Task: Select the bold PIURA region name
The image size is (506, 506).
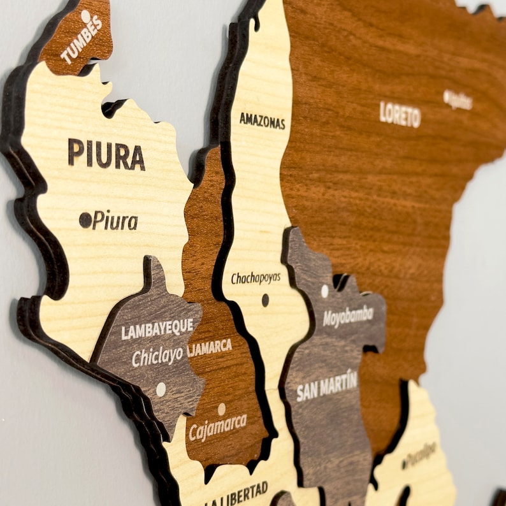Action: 106,154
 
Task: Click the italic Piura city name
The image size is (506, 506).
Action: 115,220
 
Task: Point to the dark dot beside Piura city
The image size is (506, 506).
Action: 85,220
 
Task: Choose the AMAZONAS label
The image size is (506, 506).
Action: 262,120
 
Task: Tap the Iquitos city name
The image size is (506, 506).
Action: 461,100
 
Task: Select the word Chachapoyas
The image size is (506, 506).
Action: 256,278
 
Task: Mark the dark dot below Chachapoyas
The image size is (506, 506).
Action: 265,300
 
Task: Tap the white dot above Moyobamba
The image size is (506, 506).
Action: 324,291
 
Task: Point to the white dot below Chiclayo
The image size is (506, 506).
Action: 161,389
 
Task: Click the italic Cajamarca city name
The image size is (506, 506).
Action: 218,427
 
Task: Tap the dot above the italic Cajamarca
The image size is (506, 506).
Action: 221,408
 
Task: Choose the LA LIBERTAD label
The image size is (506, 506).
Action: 236,495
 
